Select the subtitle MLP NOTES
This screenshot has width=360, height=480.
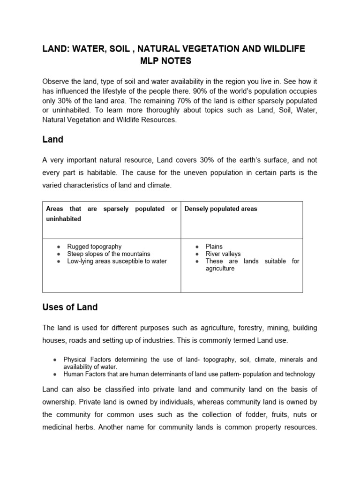coord(165,61)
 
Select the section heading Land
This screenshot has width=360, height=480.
coord(52,139)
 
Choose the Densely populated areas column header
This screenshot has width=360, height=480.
coord(221,209)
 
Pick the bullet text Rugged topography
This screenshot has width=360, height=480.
coord(94,246)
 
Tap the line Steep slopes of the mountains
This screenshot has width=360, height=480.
coord(108,254)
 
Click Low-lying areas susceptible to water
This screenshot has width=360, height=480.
coord(117,261)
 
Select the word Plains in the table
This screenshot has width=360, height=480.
coord(214,246)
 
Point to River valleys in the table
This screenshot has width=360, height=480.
coord(223,254)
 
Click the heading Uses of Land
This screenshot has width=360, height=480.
coord(70,307)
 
